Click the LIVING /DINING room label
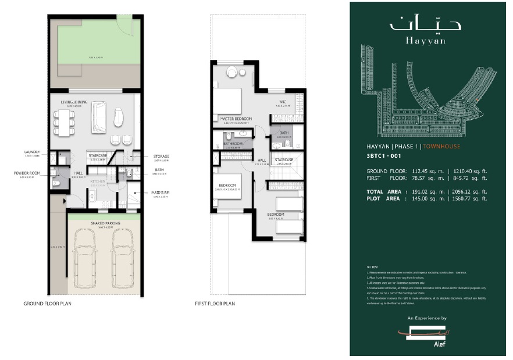pyautogui.click(x=74, y=102)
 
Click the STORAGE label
pyautogui.click(x=162, y=156)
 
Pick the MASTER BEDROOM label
pyautogui.click(x=236, y=119)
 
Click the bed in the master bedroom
pyautogui.click(x=227, y=100)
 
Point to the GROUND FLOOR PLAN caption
pyautogui.click(x=48, y=304)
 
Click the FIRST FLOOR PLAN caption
pyautogui.click(x=215, y=304)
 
